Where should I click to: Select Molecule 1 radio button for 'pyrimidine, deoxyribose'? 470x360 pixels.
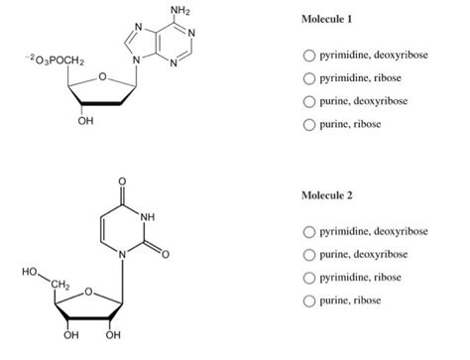(x=310, y=55)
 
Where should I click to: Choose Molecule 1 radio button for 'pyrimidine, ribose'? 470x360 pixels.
(x=310, y=78)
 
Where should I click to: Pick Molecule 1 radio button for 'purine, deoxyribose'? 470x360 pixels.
(x=310, y=101)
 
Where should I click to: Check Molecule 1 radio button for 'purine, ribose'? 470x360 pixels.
(x=310, y=125)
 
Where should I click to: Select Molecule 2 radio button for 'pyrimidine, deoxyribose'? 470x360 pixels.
(x=310, y=231)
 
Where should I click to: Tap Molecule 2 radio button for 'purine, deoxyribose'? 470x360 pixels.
(x=310, y=254)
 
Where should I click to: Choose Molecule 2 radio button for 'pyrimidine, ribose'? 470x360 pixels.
(x=310, y=277)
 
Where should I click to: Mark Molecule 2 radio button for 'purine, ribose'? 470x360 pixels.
(x=310, y=300)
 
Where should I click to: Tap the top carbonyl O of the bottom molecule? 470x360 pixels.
(x=121, y=181)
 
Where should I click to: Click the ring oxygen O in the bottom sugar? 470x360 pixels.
(x=88, y=293)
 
